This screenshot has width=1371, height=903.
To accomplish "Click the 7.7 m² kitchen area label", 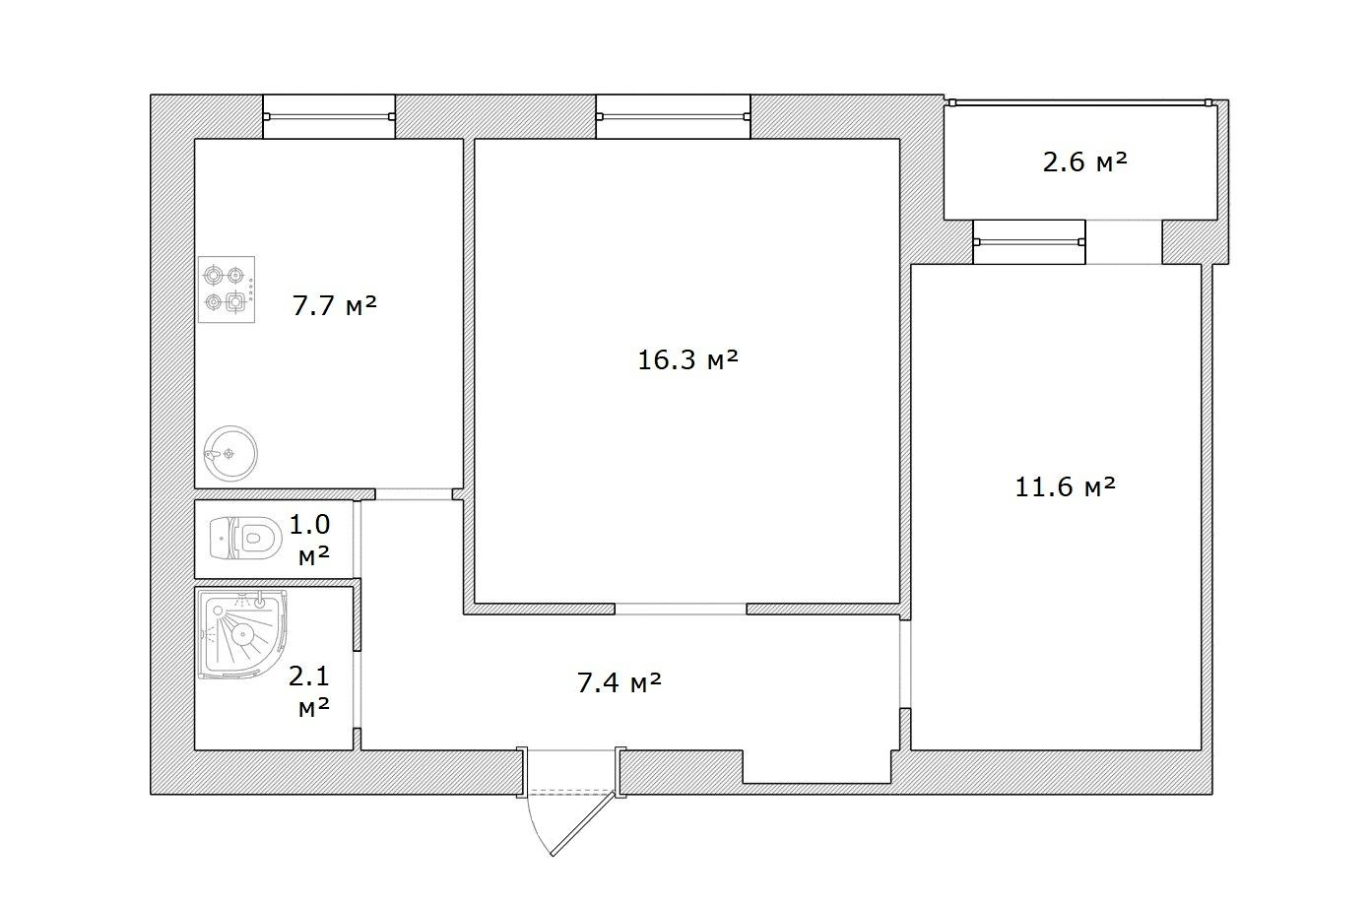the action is (334, 305).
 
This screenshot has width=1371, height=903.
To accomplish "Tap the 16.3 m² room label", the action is (687, 359).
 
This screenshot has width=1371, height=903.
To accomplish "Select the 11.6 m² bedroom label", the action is (1065, 486).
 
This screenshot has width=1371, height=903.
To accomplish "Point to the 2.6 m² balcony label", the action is (1084, 162).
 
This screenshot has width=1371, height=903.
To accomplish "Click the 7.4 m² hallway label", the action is (620, 682).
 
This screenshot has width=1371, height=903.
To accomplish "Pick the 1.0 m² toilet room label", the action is (309, 540).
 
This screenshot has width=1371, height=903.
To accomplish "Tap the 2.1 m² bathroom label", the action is (309, 691).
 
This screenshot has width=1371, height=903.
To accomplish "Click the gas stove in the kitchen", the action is (227, 290).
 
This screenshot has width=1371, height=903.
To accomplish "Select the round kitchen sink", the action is (230, 453).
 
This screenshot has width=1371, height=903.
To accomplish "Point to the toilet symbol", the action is (245, 538).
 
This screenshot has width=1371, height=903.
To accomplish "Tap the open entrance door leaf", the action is (583, 823).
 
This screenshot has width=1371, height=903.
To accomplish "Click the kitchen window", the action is (329, 116).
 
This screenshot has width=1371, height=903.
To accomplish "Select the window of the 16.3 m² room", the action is (674, 116).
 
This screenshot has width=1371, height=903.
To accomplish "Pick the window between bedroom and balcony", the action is (1029, 242).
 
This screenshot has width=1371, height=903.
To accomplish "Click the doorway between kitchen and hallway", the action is (414, 493).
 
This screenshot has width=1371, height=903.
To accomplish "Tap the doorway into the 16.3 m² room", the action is (681, 609).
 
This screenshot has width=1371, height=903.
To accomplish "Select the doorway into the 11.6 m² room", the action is (905, 664).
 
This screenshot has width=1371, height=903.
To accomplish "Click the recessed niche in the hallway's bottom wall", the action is (817, 766).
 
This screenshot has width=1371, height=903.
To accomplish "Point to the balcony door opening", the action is (1124, 242).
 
